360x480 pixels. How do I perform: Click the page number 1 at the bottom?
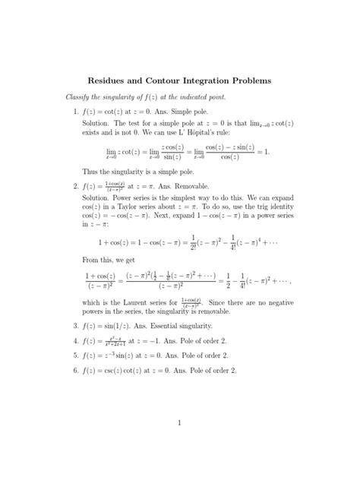point(179,422)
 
